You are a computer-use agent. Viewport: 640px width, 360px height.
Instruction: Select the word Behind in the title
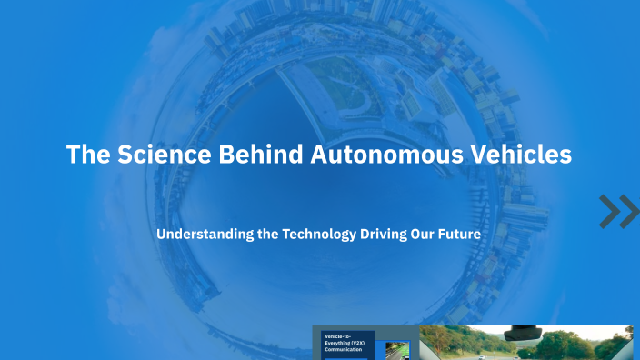[263, 155]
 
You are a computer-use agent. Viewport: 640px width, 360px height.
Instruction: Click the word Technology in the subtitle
[319, 234]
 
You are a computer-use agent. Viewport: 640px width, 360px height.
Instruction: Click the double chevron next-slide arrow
[619, 211]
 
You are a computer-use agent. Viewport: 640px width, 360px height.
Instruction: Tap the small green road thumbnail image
[397, 350]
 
